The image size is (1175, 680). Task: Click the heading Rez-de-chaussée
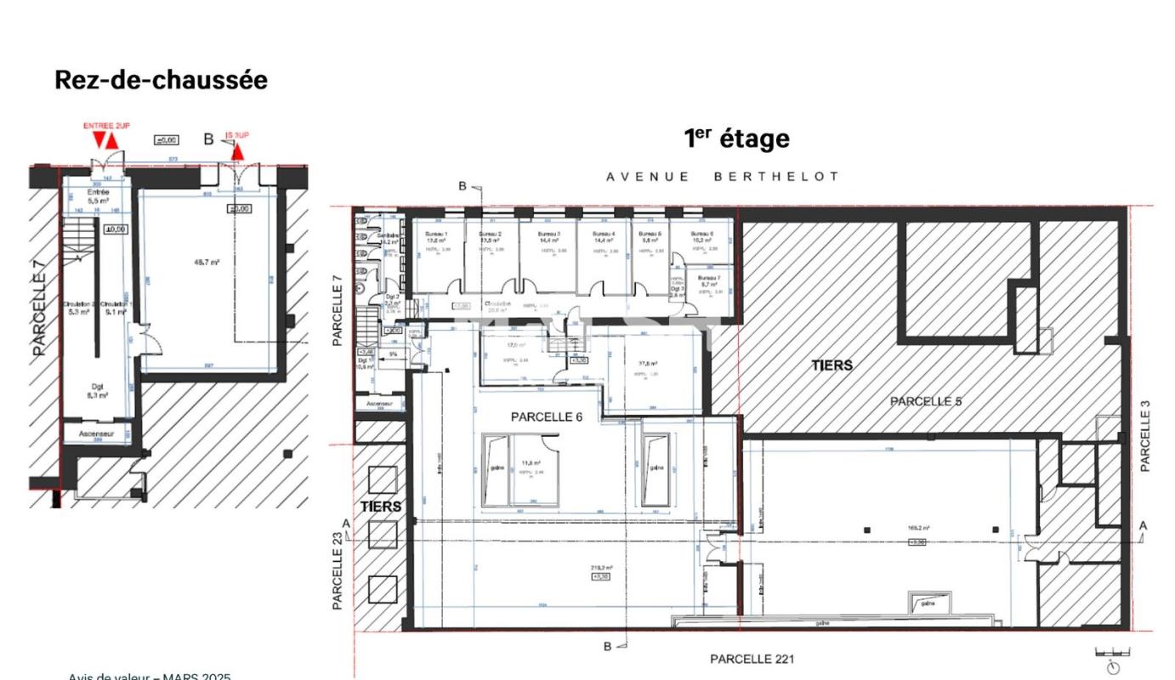click(x=161, y=80)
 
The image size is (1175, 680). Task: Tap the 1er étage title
click(x=736, y=139)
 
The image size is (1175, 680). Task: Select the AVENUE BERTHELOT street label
click(x=723, y=177)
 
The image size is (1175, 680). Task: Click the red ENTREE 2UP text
click(x=106, y=126)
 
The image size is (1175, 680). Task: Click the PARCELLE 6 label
click(x=546, y=417)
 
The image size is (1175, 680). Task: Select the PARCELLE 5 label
click(x=926, y=401)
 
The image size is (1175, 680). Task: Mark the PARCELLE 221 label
click(x=752, y=659)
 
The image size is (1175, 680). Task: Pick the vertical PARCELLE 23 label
click(x=338, y=570)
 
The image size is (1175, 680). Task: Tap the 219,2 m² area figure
click(x=601, y=568)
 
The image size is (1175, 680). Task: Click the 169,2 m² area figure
click(x=917, y=529)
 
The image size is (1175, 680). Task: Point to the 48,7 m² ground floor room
click(x=207, y=263)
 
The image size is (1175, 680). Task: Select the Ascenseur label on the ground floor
click(x=97, y=433)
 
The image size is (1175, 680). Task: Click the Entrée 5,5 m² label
click(x=99, y=196)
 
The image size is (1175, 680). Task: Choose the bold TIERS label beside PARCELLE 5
click(x=832, y=365)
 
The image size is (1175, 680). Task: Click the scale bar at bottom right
click(x=1136, y=653)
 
